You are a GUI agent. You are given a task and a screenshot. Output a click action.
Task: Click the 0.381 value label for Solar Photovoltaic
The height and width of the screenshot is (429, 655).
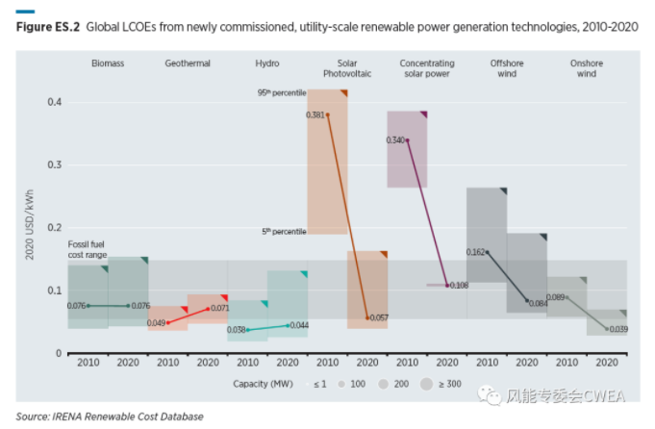pos(315,115)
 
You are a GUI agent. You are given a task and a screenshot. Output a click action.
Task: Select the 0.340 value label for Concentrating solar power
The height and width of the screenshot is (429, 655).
pos(395,140)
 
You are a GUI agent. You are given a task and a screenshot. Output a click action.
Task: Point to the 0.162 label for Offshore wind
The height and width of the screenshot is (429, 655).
pos(475,252)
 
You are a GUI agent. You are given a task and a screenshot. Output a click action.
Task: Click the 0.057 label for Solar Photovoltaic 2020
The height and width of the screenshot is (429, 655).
pos(377,316)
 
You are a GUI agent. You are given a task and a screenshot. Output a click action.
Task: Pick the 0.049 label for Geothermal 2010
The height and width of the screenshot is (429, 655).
pos(157,322)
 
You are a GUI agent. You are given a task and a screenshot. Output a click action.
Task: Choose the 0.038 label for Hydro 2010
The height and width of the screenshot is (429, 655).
pos(237,330)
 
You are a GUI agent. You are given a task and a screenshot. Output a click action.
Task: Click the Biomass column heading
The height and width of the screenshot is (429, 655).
pos(108,63)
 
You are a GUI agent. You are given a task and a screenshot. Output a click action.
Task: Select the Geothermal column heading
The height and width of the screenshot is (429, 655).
pos(188,63)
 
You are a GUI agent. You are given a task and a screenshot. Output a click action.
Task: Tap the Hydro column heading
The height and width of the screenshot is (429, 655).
pos(267,63)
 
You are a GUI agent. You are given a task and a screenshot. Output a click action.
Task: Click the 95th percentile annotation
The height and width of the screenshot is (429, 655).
pos(281,92)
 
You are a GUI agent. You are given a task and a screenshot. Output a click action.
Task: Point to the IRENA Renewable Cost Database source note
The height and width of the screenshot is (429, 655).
pos(110,416)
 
